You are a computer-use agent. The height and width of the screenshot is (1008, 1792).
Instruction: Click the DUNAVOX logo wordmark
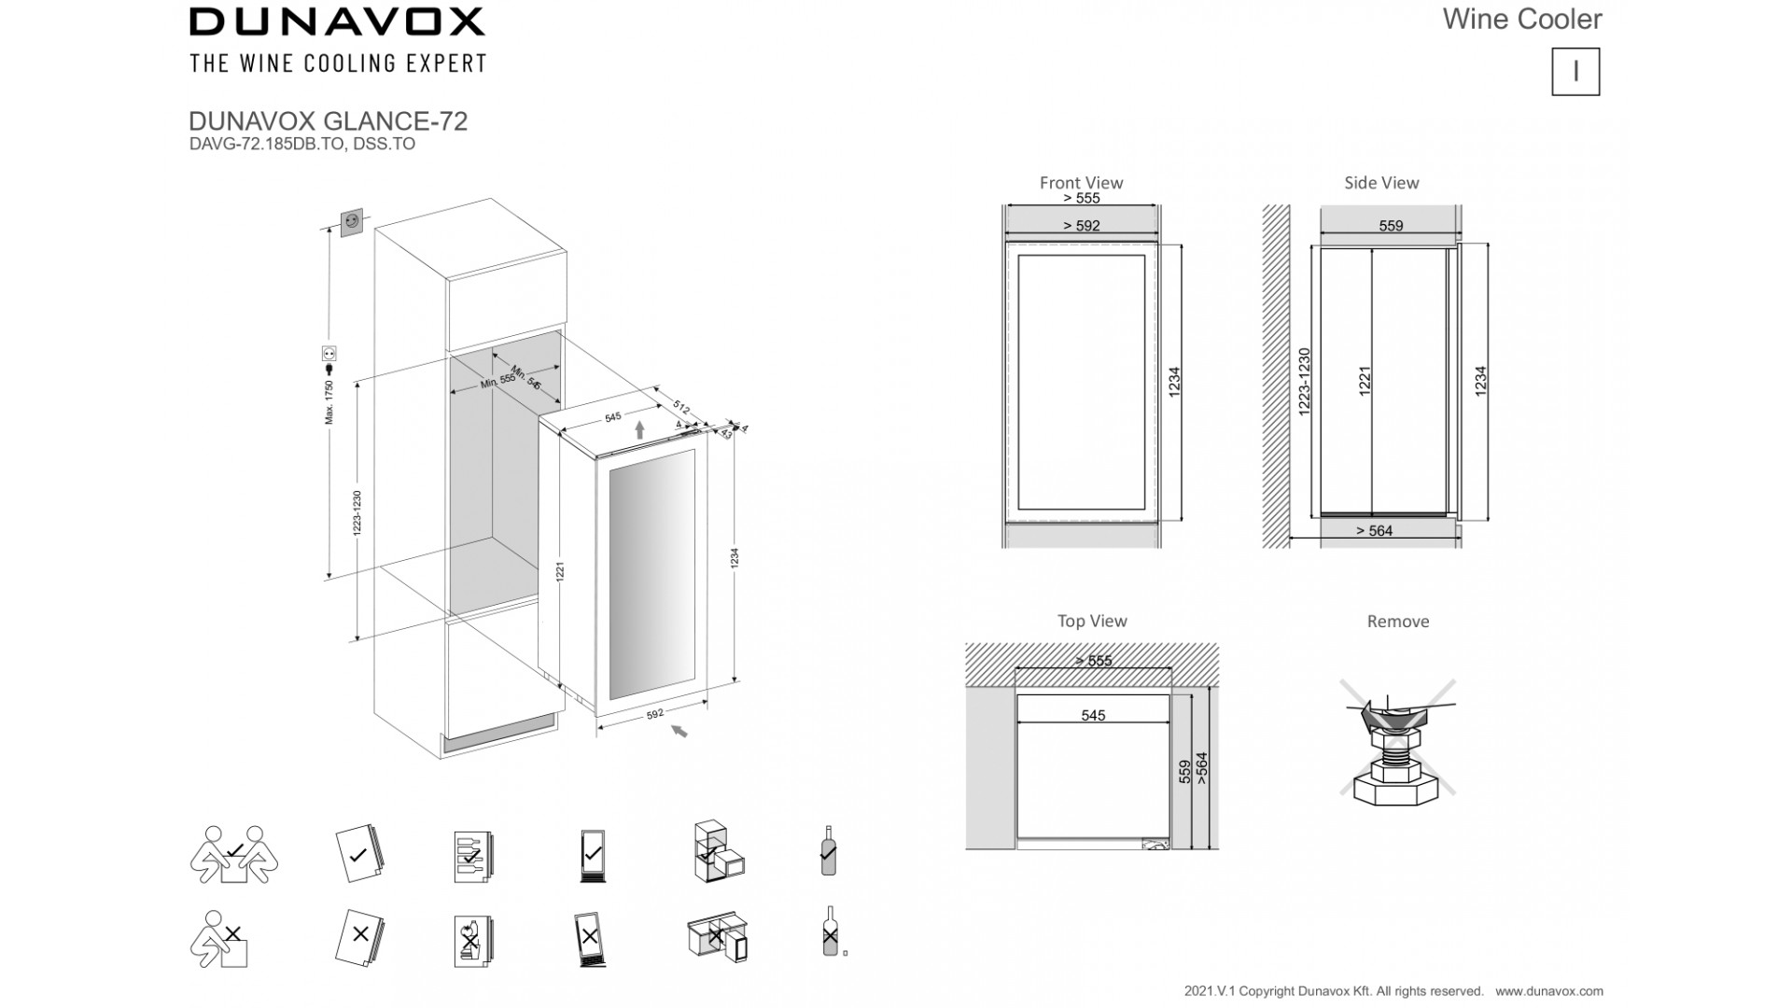337,21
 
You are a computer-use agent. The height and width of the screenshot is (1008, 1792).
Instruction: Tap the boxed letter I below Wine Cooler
1575,72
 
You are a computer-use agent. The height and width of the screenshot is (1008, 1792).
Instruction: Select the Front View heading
1081,183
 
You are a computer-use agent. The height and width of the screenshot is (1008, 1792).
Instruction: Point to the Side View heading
1381,183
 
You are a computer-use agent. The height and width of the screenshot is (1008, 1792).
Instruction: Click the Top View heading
1092,621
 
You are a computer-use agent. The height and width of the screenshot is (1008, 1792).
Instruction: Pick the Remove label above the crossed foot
1397,622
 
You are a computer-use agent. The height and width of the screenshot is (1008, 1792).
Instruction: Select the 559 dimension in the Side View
1391,226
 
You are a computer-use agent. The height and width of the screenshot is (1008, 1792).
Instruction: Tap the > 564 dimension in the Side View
1374,531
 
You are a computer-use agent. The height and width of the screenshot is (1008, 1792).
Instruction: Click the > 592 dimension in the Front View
1081,226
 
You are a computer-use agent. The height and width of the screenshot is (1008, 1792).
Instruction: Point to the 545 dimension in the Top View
1093,716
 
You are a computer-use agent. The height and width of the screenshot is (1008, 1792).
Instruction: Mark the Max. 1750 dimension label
329,402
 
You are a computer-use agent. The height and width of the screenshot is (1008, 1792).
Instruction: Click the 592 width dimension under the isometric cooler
654,714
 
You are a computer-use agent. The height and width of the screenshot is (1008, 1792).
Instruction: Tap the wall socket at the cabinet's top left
353,221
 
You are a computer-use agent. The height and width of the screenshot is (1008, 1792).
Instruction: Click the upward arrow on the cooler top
639,429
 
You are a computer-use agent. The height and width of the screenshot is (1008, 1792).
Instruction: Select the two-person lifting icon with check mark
234,854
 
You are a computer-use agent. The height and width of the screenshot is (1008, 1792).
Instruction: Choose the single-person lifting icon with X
221,939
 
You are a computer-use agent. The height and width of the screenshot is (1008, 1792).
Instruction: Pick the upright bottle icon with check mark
828,850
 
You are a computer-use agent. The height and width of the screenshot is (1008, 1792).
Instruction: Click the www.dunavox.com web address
1549,991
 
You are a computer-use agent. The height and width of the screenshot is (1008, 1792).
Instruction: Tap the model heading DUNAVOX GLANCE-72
328,121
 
